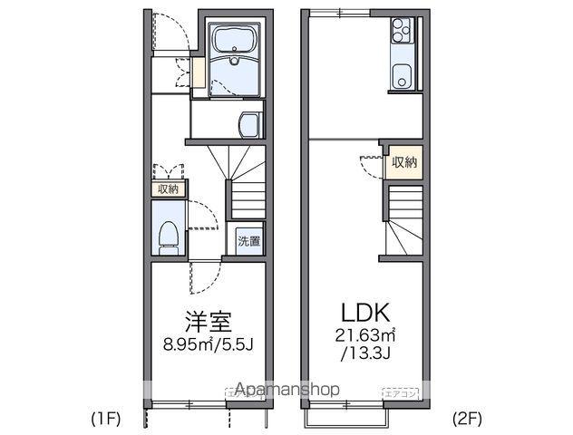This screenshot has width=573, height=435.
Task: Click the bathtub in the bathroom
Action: (x=235, y=40)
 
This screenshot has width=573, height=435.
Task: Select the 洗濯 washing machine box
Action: (x=248, y=241)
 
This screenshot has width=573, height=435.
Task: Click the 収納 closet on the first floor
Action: (x=169, y=188)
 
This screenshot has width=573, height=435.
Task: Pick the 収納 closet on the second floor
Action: (x=405, y=162)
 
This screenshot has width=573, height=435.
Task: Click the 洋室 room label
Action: (x=209, y=322)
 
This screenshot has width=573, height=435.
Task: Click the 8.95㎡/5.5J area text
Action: (x=208, y=344)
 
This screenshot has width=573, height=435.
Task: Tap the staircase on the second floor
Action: (x=403, y=221)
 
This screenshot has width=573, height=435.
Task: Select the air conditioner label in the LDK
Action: (x=400, y=393)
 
